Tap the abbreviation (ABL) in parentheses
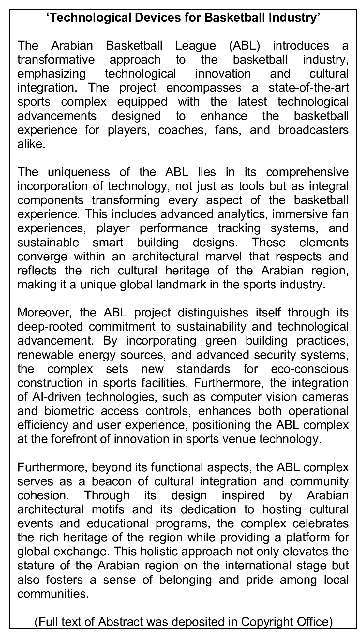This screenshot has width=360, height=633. [x=244, y=46]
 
